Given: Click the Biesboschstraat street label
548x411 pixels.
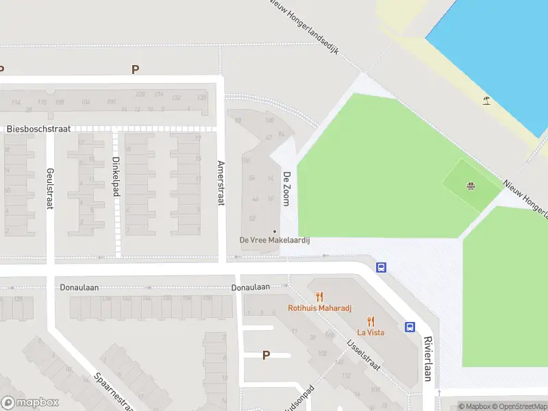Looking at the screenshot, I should coord(38,129).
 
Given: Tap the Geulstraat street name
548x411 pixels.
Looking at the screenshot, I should coord(49,188).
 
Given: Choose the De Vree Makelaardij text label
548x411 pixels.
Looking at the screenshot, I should coord(275,240).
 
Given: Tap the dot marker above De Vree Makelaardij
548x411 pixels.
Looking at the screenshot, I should coord(275,231).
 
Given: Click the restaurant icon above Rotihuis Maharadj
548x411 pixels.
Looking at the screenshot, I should coord(319,297).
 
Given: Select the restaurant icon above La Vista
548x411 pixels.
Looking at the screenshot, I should coord(371,321).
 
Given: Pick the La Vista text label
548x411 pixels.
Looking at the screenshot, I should coord(371,332).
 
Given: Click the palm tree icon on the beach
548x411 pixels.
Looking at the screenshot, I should coord(486,101).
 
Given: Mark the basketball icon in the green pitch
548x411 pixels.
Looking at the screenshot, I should coord(471,186).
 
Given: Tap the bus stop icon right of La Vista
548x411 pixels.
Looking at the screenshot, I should coord(410,327).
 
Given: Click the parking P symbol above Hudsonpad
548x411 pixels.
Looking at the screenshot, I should coord(266,355).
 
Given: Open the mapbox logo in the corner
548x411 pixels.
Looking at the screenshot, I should coord(30,403).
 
